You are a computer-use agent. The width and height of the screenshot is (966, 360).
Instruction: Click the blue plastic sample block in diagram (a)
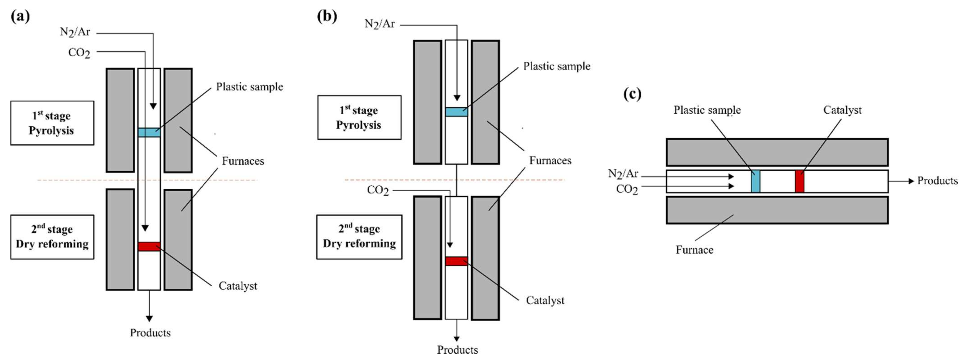(149, 132)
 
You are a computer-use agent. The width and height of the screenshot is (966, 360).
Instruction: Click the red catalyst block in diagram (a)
(149, 246)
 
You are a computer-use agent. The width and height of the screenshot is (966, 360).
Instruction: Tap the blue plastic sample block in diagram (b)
(456, 112)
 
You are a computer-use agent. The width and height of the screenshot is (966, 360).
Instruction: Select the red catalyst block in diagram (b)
(456, 261)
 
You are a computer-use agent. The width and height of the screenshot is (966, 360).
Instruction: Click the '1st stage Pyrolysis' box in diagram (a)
(52, 123)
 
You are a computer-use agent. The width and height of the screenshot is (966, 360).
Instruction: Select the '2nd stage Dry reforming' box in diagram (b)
(359, 237)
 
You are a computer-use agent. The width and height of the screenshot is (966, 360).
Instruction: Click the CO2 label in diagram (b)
(378, 190)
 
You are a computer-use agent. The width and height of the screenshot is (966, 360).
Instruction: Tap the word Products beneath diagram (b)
(457, 350)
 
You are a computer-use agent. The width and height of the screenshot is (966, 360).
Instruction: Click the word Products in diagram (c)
(937, 181)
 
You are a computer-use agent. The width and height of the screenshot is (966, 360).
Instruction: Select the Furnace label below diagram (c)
(694, 250)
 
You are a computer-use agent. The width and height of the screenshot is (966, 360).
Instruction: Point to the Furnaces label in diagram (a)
(243, 161)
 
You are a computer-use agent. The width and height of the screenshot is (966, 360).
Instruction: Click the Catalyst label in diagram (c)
(842, 110)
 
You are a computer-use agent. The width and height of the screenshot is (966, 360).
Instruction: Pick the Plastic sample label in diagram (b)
(557, 66)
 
